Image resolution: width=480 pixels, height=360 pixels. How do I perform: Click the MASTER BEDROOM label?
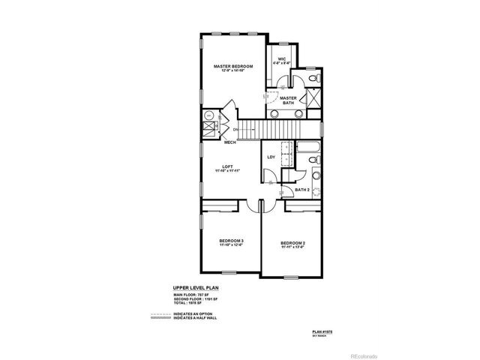(232, 67)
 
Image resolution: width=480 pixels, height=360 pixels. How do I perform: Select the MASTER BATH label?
(288, 99)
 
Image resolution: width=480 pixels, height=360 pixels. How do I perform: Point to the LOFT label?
(228, 166)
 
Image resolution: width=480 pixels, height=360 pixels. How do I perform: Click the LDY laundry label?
(271, 156)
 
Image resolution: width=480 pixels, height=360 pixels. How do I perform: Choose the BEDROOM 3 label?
(231, 240)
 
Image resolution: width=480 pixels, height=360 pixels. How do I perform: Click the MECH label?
(230, 141)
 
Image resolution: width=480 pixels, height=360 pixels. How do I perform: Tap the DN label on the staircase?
(235, 130)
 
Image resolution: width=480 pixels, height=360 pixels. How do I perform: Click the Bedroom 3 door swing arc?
(247, 207)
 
